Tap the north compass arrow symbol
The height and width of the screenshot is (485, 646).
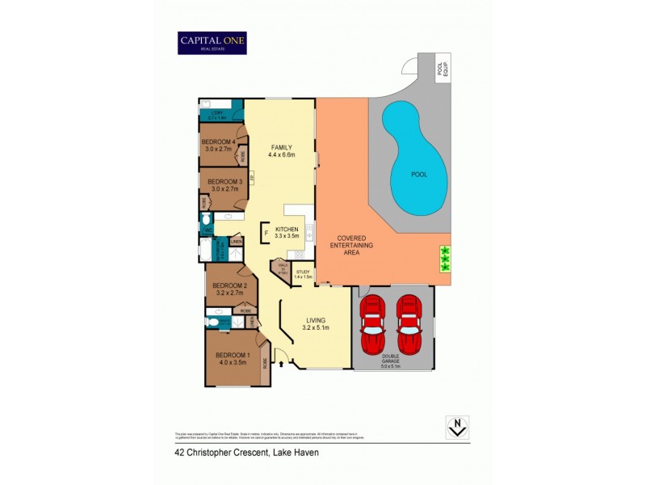click(458, 426)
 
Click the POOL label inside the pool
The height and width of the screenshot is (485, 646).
click(418, 175)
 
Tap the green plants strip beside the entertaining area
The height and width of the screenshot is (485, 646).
click(443, 258)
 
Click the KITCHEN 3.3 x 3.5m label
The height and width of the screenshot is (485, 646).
click(287, 233)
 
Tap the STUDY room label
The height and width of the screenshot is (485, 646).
click(303, 274)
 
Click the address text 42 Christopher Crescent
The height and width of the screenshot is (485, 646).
click(246, 453)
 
